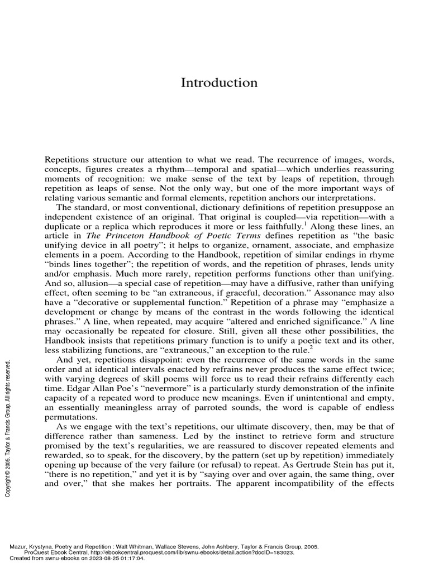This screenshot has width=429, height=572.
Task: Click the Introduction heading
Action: (219, 83)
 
